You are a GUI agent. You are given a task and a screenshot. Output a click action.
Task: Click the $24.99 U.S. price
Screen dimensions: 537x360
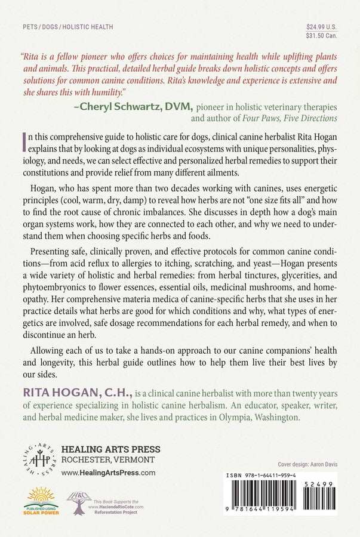click(x=321, y=27)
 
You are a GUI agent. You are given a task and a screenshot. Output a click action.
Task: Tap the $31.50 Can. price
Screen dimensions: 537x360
click(x=321, y=36)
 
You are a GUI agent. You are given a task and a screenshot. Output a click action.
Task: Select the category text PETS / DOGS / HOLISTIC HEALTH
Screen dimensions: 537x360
click(x=67, y=27)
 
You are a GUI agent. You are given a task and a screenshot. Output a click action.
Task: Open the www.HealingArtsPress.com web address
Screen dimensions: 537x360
click(x=108, y=472)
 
